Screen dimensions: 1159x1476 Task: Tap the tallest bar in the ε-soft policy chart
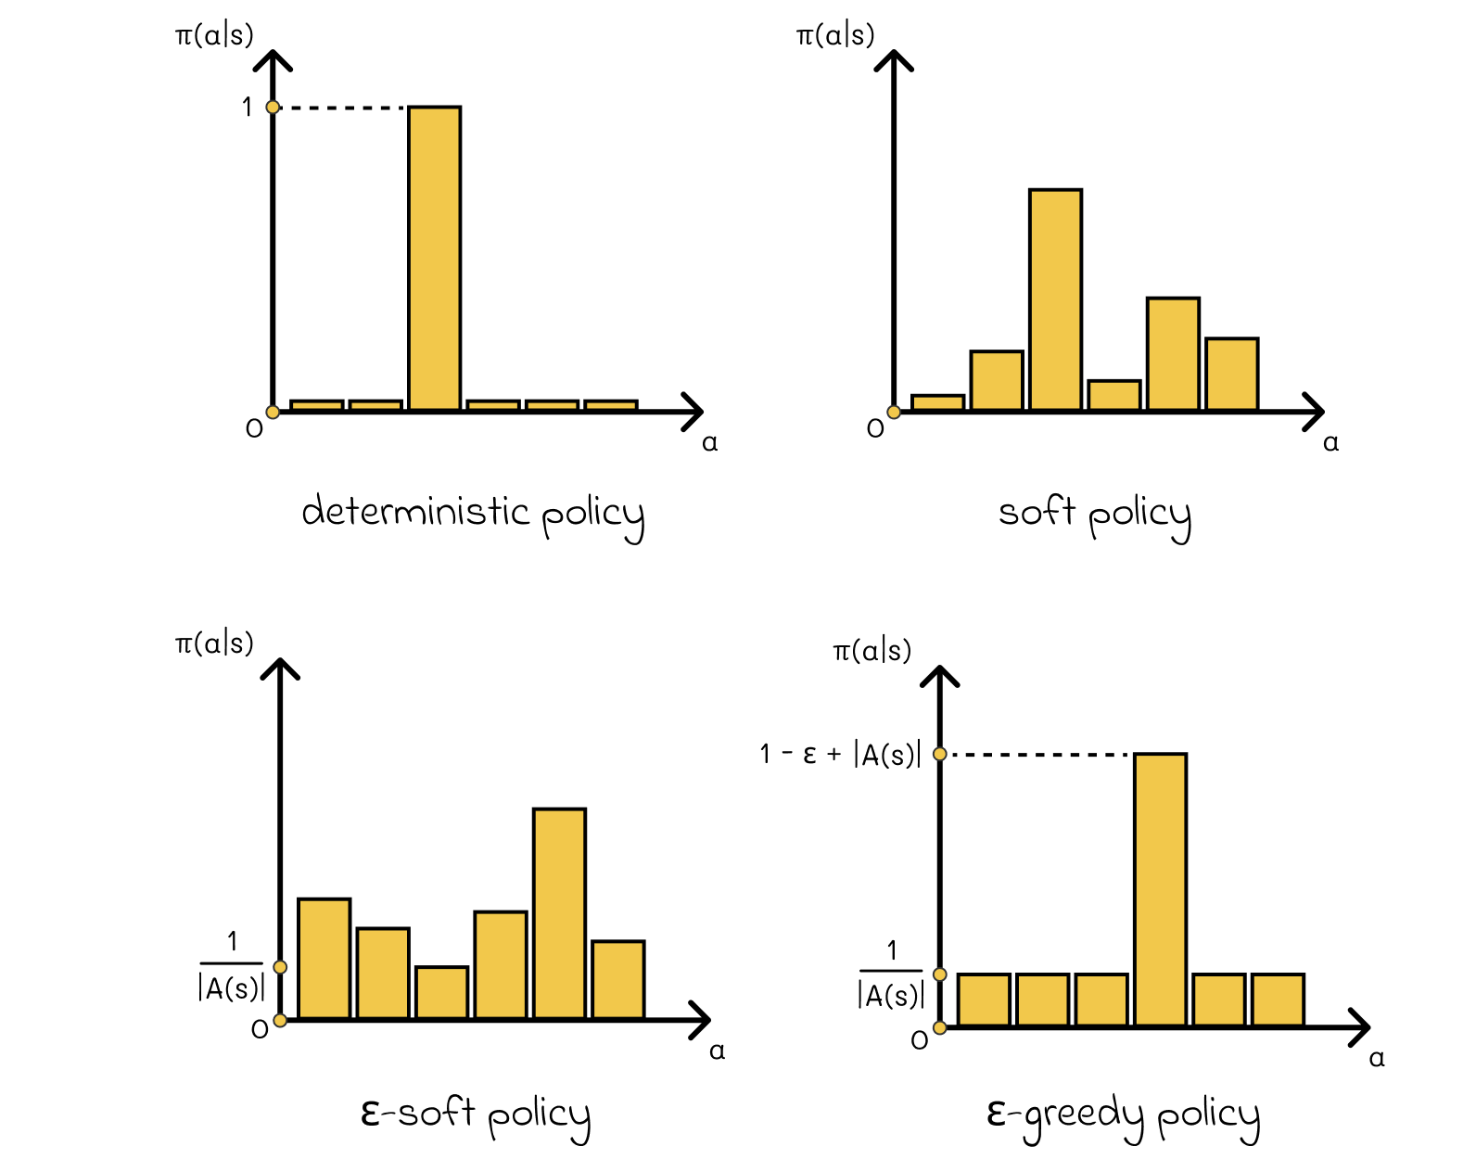(559, 913)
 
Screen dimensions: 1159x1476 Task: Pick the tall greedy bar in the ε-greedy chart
(1160, 889)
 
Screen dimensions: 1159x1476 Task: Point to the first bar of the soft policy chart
(937, 402)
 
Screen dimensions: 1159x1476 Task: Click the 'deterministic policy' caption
(473, 514)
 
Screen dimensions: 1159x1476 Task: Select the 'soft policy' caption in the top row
(1094, 514)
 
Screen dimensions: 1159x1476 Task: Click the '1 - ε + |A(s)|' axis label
(840, 755)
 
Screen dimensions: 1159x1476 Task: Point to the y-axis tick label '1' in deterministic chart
(247, 108)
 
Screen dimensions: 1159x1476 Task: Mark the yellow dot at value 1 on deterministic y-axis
(273, 108)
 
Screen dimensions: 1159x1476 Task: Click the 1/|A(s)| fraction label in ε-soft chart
(232, 967)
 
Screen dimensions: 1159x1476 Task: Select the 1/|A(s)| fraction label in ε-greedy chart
(891, 974)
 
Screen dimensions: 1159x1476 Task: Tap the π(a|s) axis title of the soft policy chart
(834, 35)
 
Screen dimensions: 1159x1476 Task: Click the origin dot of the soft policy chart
(894, 412)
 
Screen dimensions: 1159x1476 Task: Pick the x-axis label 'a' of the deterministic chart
(710, 443)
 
